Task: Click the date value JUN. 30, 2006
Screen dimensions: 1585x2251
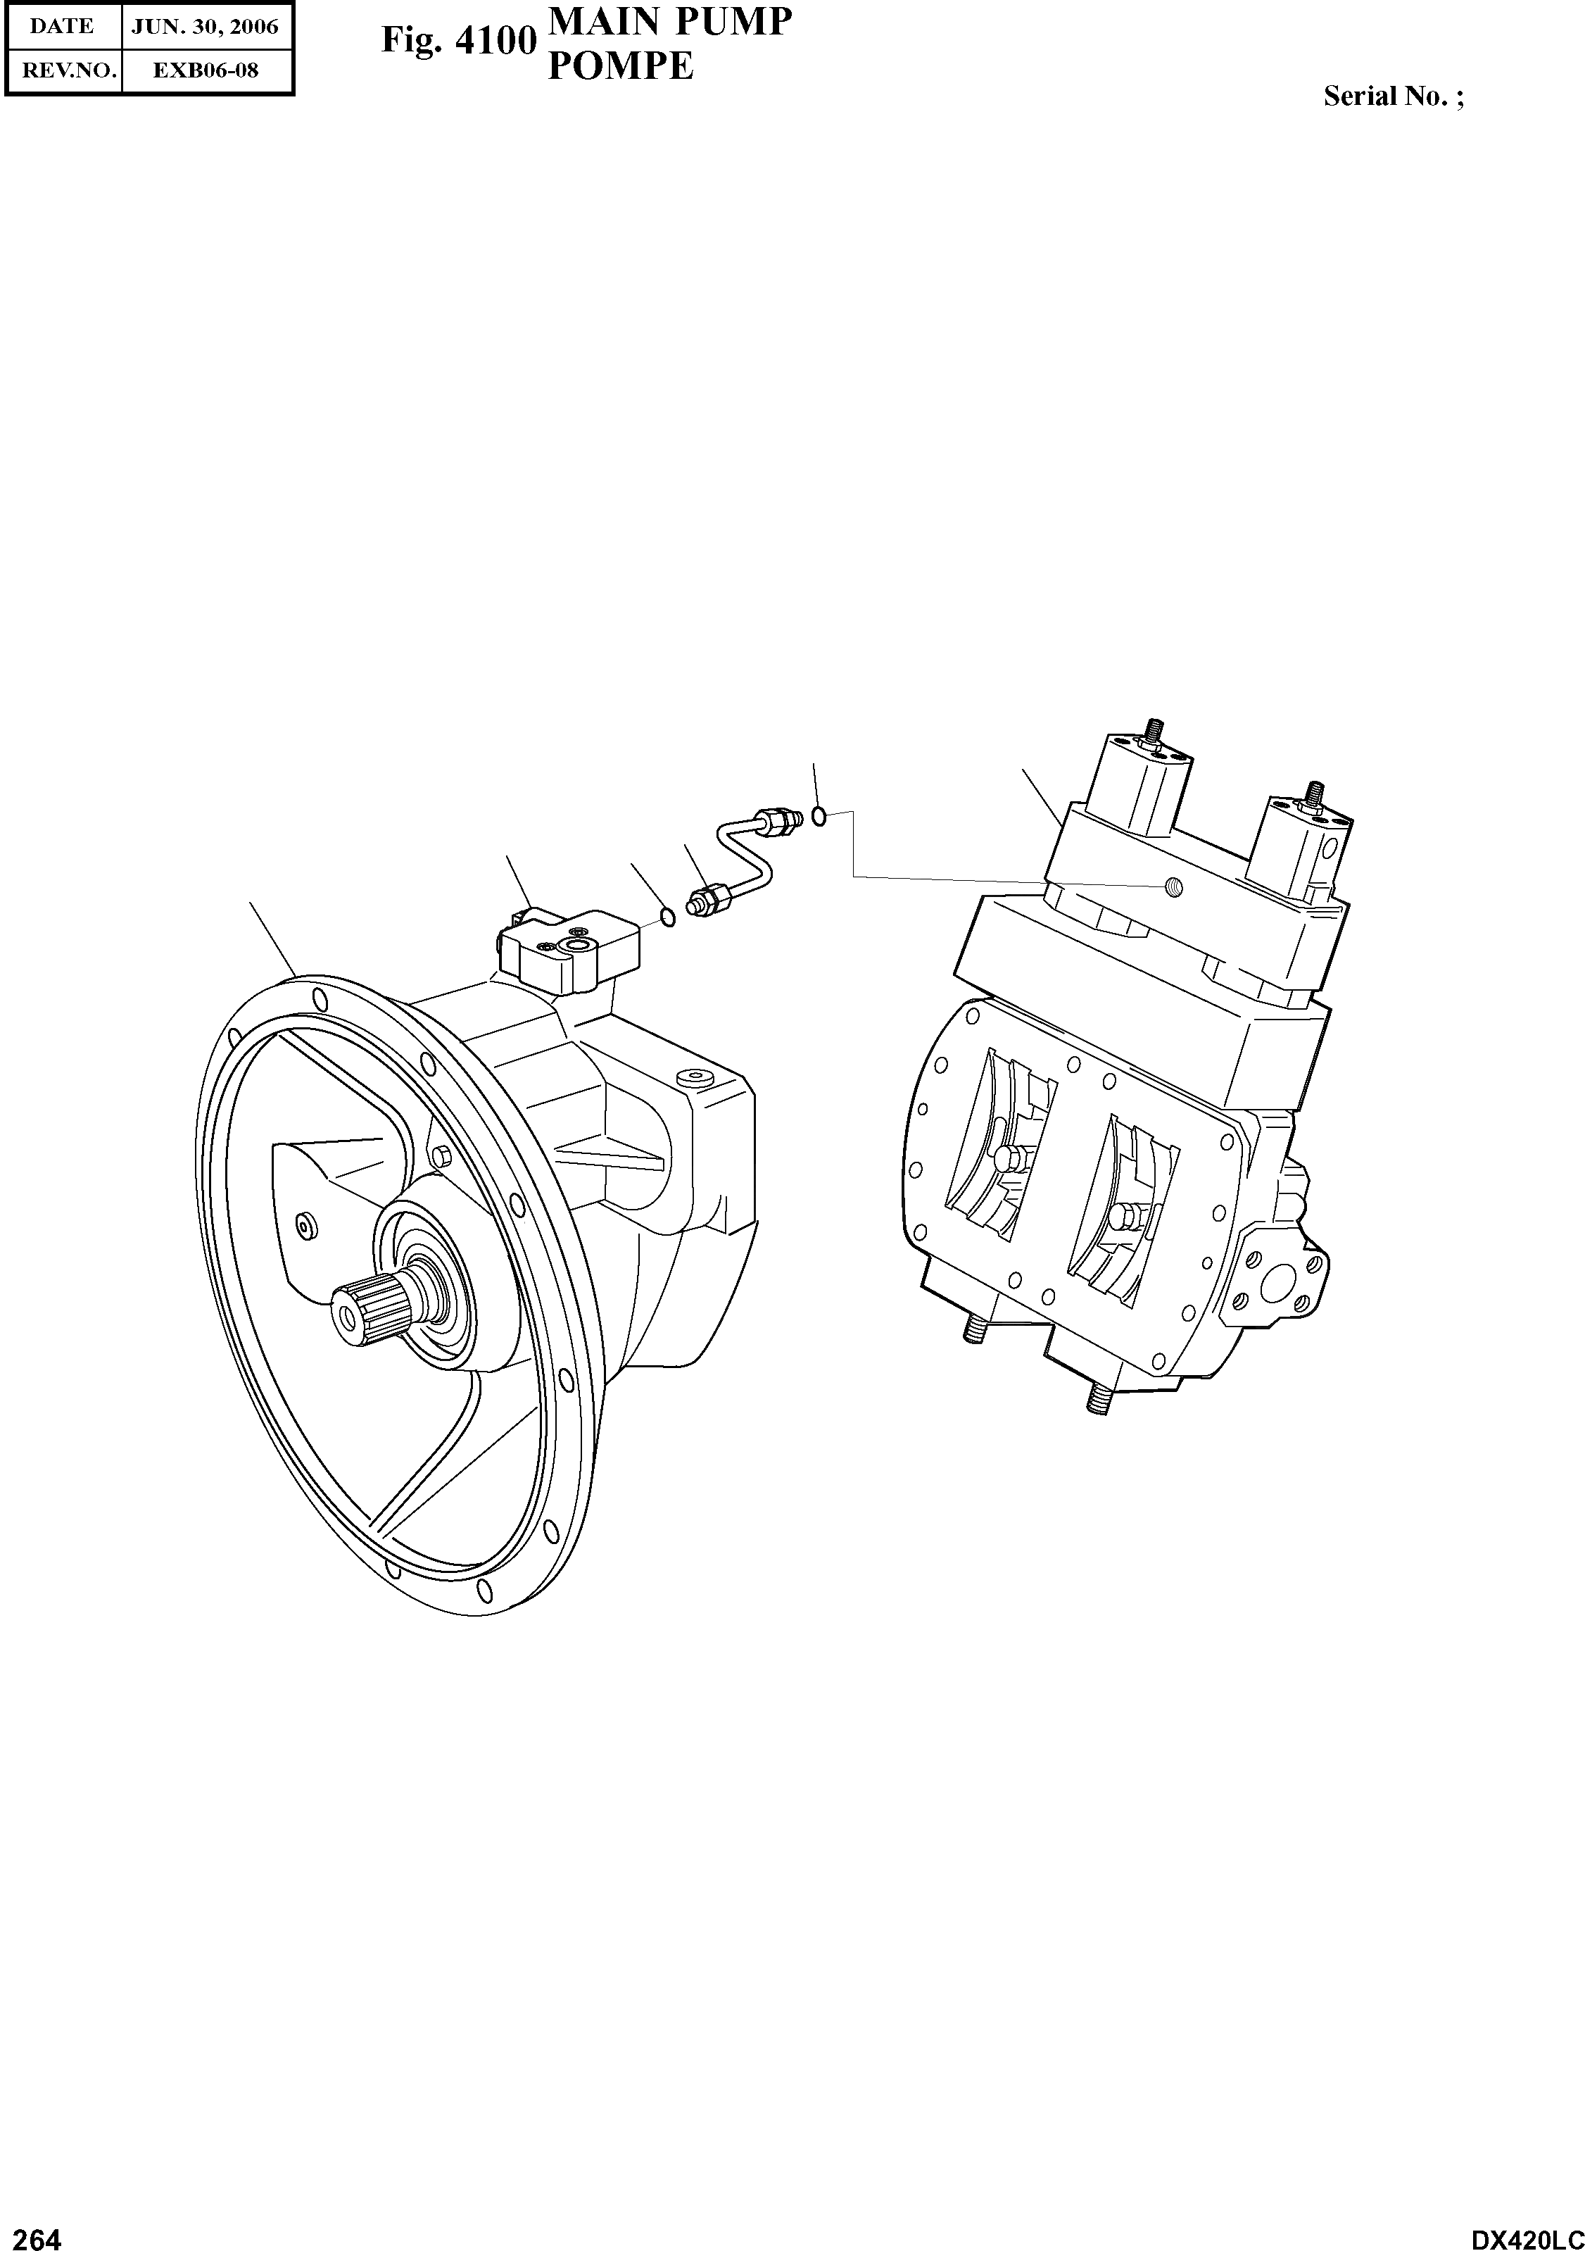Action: coord(206,27)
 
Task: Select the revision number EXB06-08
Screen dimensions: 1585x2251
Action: coord(206,70)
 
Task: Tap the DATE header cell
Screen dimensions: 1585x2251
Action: coord(62,27)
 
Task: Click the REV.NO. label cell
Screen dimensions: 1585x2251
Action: coord(62,70)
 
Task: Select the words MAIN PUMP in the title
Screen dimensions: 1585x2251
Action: coord(669,22)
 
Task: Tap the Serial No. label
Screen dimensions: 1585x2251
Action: coord(1393,96)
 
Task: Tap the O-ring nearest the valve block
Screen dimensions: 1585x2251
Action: coord(667,917)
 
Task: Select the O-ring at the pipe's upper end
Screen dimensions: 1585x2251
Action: coord(819,815)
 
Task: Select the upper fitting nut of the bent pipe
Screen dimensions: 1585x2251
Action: coord(776,819)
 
